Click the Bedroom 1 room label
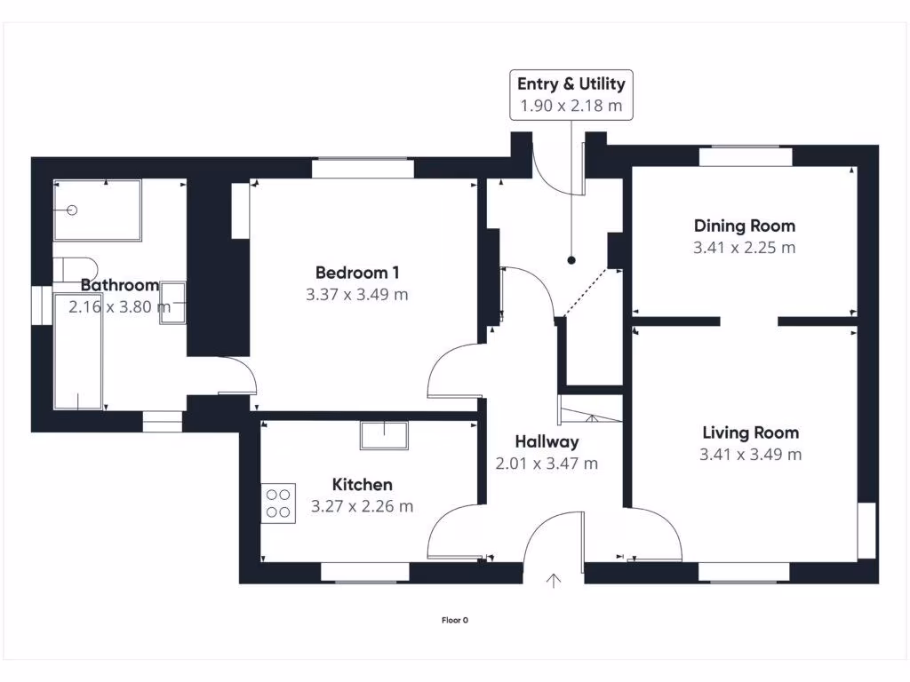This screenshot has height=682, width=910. click(357, 272)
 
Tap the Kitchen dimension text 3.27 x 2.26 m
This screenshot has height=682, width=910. click(363, 506)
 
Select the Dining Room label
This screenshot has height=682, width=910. click(745, 226)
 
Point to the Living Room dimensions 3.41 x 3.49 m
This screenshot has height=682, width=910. click(750, 454)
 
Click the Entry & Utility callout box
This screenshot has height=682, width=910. click(571, 95)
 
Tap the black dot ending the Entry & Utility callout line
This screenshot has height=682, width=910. click(571, 260)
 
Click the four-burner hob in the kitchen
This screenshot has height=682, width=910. click(278, 504)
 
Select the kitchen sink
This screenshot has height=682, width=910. click(384, 435)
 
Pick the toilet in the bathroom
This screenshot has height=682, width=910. click(76, 270)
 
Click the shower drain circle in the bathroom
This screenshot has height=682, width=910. click(72, 210)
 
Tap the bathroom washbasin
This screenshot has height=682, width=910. click(173, 302)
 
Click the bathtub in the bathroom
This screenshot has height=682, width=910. click(78, 351)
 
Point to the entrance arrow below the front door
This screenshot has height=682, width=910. click(554, 581)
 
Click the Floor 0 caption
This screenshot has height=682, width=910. click(454, 620)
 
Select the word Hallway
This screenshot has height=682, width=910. click(547, 442)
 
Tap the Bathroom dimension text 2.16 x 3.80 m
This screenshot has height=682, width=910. click(120, 306)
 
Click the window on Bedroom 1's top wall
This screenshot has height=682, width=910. click(363, 168)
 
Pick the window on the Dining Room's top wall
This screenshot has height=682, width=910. click(746, 156)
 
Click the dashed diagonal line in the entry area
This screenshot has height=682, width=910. click(586, 293)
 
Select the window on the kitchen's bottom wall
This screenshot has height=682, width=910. click(365, 573)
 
